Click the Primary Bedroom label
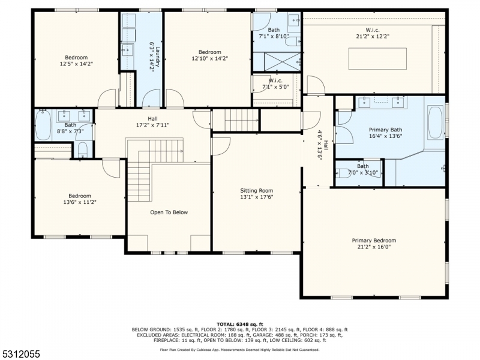(374, 241)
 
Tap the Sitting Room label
(257, 191)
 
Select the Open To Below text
(169, 212)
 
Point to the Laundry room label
(158, 56)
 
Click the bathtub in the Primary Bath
(436, 122)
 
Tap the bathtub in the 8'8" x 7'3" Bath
(43, 125)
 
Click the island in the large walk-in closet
(377, 58)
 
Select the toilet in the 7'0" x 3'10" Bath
(343, 173)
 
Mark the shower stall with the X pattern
(282, 62)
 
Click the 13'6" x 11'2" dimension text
(80, 202)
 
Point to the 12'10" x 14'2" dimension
(209, 58)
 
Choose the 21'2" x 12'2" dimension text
(373, 36)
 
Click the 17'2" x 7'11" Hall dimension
(152, 125)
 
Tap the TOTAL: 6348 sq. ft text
(239, 324)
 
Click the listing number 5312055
(20, 354)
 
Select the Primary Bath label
(385, 130)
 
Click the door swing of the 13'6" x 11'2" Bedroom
(111, 169)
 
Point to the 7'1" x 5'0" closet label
(275, 83)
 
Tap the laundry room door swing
(152, 98)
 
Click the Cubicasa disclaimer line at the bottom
(239, 350)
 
